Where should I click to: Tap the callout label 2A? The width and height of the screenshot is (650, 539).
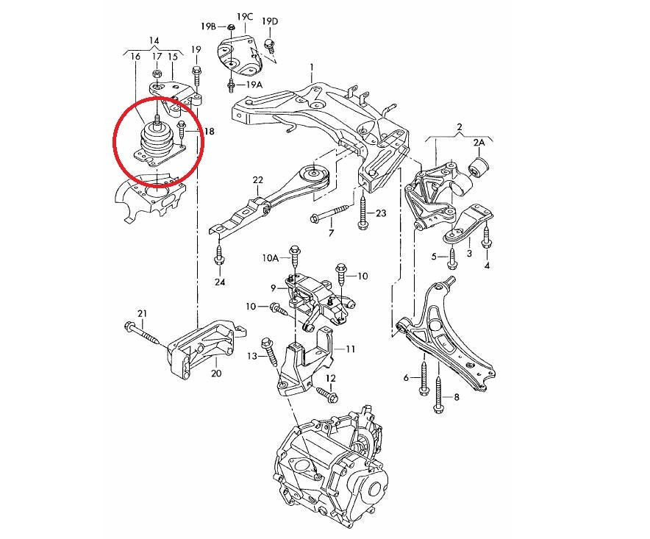pos(479,142)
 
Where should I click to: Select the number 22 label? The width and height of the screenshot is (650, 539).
pos(257,179)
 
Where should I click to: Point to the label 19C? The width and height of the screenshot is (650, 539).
pos(244,16)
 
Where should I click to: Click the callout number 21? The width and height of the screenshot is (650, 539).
pos(143,314)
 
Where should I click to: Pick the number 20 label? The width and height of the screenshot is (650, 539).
pos(215,373)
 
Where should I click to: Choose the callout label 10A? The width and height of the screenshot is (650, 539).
pos(271,259)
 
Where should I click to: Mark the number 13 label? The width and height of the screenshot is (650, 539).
pos(251,356)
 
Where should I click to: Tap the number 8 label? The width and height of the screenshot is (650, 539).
pos(456,398)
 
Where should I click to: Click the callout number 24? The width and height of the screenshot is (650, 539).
pos(220,282)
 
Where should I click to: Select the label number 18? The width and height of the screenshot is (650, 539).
pos(209,132)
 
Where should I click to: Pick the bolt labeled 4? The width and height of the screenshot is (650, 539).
pos(486,237)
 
